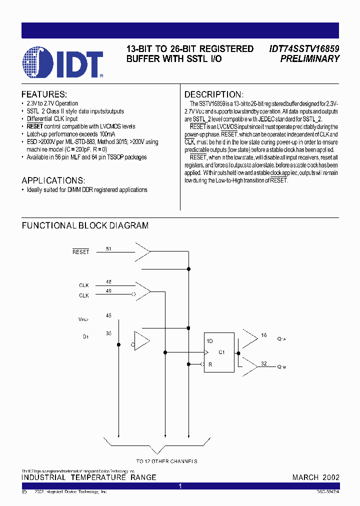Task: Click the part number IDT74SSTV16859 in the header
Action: (304, 49)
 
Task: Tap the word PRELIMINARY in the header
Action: (310, 59)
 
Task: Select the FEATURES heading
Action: (44, 94)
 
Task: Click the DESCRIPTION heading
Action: (214, 94)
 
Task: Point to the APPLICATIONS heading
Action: (53, 180)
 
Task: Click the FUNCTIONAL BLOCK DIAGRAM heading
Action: (85, 225)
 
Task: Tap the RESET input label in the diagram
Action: (80, 252)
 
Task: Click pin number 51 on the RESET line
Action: (108, 248)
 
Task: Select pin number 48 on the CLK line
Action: (108, 281)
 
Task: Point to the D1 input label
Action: (85, 336)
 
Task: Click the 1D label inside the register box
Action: (210, 340)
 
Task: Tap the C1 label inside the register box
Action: (222, 352)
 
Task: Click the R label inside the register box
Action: (210, 364)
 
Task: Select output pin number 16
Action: (263, 335)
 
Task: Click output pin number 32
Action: (263, 364)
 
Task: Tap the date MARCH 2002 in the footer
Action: (315, 477)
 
